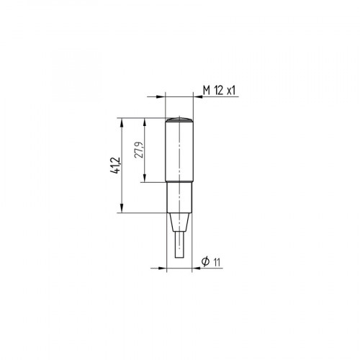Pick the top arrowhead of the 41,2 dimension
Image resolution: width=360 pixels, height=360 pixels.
coord(121,121)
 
